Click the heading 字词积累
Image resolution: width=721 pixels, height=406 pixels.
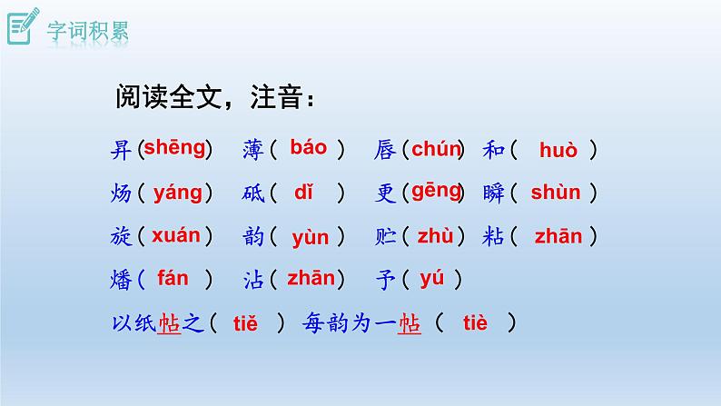88,30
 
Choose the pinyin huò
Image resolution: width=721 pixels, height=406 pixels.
558,151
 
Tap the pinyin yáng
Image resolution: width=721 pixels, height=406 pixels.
177,193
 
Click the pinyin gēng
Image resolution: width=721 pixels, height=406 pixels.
437,191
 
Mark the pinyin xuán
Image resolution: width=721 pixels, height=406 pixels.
175,236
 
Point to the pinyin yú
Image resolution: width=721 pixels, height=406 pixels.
431,278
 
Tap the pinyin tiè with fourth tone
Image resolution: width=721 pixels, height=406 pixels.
475,322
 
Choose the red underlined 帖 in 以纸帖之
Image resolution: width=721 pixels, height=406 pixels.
170,324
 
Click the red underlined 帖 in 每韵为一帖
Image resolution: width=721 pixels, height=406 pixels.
410,324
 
